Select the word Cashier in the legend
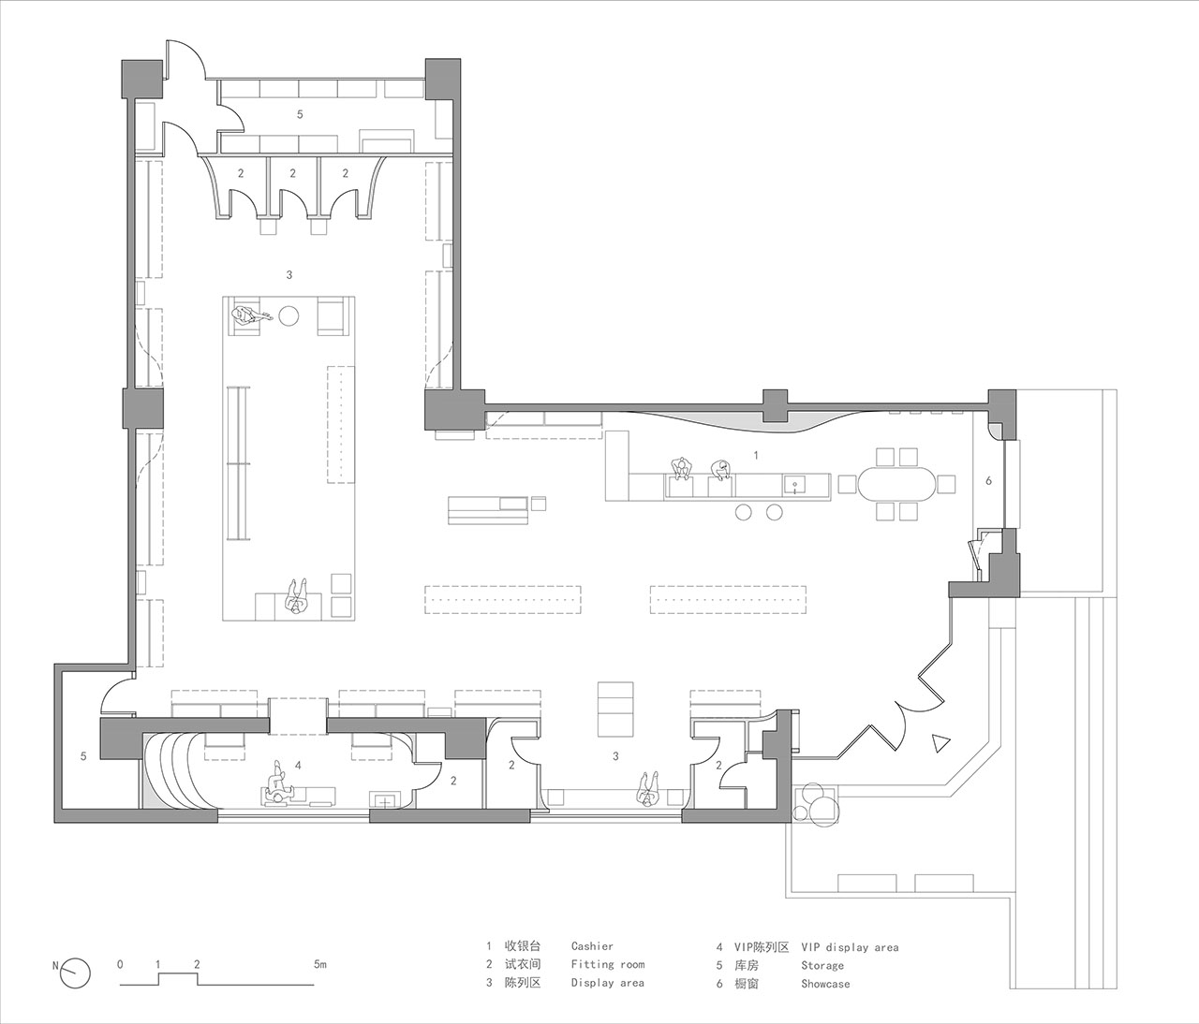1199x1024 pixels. [x=592, y=945]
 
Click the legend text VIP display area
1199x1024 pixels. [x=850, y=947]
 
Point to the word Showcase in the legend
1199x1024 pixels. [x=825, y=984]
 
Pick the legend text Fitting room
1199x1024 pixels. [x=608, y=964]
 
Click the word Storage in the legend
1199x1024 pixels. [x=822, y=965]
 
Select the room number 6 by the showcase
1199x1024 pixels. [x=989, y=480]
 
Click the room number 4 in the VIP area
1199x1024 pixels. [x=298, y=765]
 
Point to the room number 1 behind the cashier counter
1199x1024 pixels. [x=756, y=456]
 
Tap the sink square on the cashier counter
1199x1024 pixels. [x=793, y=483]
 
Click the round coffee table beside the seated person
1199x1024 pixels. [x=289, y=315]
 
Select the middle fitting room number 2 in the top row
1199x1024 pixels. [x=293, y=173]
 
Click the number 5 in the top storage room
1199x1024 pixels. [x=300, y=114]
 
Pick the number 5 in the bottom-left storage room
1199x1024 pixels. [x=83, y=755]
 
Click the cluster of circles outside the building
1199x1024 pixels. [x=816, y=802]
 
